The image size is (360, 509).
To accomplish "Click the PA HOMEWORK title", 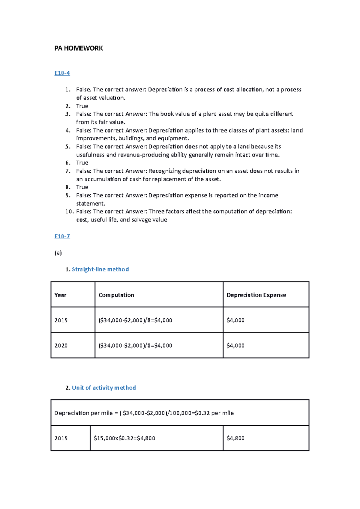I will (x=79, y=48).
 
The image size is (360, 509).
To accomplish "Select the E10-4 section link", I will (x=62, y=73).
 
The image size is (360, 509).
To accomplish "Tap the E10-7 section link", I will (x=62, y=236).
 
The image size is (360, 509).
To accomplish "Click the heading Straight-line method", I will (x=100, y=269).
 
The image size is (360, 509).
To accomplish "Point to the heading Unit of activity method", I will (x=104, y=388).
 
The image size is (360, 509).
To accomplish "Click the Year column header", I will (x=60, y=295).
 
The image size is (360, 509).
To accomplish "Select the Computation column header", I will (x=116, y=295).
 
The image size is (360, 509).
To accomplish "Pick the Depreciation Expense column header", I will (x=256, y=295).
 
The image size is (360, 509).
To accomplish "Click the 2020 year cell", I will (x=61, y=345).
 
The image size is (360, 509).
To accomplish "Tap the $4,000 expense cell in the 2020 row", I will (x=235, y=345).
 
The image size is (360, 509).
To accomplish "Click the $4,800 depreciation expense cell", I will (x=235, y=438).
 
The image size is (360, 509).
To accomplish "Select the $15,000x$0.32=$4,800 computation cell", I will (x=124, y=438).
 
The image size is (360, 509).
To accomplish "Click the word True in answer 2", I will (x=82, y=106).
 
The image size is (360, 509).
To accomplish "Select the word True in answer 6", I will (x=82, y=163).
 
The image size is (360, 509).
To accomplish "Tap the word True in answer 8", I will (x=82, y=187).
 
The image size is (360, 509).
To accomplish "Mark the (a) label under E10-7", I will (x=58, y=253).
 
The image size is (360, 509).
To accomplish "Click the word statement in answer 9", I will (x=90, y=204).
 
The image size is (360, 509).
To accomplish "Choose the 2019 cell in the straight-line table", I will (x=61, y=320).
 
